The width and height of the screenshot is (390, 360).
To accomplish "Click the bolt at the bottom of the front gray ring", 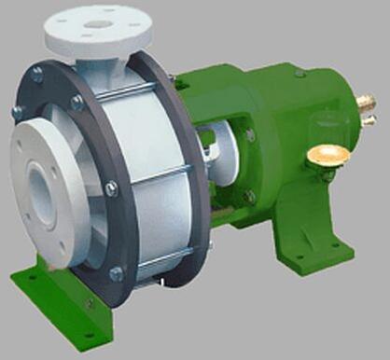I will coord(116,273).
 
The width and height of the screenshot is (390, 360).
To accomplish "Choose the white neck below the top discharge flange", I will coord(112,58).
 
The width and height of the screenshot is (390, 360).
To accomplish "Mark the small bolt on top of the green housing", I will coord(299,72).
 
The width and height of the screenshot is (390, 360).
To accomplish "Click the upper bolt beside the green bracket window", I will coord(249,135).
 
